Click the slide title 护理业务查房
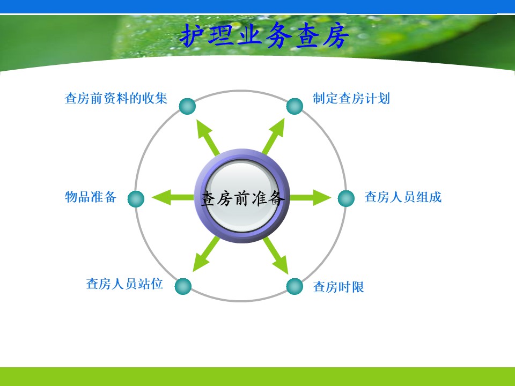(264, 35)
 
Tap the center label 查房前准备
(242, 198)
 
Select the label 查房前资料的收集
(116, 98)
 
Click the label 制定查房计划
(351, 98)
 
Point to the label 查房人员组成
(403, 197)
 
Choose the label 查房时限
(339, 287)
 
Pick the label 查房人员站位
(124, 284)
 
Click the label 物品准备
(91, 197)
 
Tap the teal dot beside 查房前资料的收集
(188, 106)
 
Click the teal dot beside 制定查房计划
(295, 106)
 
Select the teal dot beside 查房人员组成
(346, 198)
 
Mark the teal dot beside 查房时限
(295, 286)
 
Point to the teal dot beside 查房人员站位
(183, 286)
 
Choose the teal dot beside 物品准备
(136, 199)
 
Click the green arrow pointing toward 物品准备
(173, 197)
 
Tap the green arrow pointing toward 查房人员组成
(311, 197)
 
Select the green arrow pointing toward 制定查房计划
(274, 136)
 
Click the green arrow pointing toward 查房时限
(275, 255)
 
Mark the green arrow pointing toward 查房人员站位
(206, 254)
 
